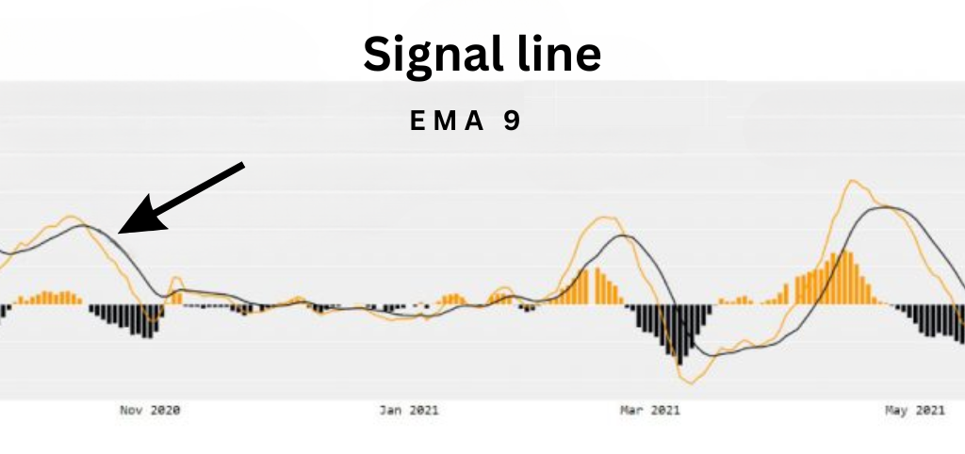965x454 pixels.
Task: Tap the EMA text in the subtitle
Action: click(448, 122)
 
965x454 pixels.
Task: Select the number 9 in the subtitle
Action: click(512, 122)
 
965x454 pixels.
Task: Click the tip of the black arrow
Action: click(118, 234)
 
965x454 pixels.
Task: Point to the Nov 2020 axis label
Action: click(150, 411)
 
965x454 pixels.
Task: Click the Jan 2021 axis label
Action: click(409, 411)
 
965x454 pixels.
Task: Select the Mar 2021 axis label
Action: click(650, 411)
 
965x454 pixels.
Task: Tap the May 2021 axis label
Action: click(914, 411)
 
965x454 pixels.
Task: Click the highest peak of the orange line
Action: click(852, 180)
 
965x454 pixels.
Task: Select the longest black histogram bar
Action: click(679, 334)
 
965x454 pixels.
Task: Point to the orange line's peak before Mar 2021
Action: click(606, 218)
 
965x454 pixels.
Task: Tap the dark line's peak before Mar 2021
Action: click(624, 235)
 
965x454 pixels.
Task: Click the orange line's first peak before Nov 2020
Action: click(71, 216)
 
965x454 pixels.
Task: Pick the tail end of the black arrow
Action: click(244, 164)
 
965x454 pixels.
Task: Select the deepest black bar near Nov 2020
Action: click(148, 321)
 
